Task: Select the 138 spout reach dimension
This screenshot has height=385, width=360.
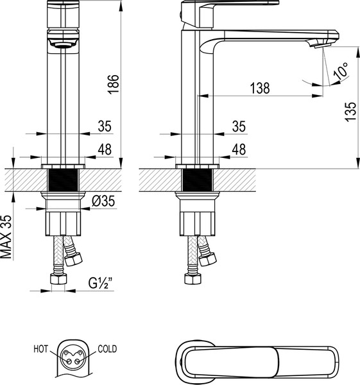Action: [259, 88]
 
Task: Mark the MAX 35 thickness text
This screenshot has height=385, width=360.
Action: [7, 236]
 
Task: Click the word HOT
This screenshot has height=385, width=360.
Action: [41, 350]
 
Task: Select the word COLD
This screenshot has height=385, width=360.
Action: [107, 350]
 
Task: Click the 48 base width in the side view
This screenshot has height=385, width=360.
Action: [239, 149]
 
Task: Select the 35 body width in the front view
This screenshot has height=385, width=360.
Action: [104, 126]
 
